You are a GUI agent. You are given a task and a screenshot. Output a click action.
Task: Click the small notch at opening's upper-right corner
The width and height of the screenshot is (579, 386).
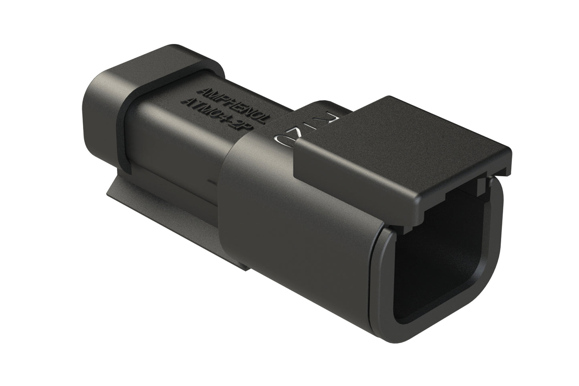(x=483, y=185)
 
